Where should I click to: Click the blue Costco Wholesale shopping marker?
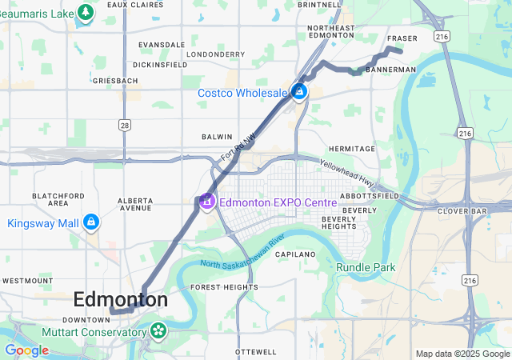[x=298, y=93]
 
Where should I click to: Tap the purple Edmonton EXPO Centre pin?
[x=206, y=202]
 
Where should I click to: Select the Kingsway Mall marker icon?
[x=91, y=222]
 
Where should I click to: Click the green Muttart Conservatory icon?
[x=158, y=330]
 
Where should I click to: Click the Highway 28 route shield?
[x=124, y=125]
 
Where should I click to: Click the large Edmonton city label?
[x=121, y=299]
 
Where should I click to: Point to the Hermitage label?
[x=351, y=149]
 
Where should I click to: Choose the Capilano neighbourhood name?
[x=297, y=254]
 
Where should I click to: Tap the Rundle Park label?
[x=366, y=267]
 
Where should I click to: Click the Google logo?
[x=27, y=350]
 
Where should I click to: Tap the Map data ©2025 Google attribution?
[x=462, y=354]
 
